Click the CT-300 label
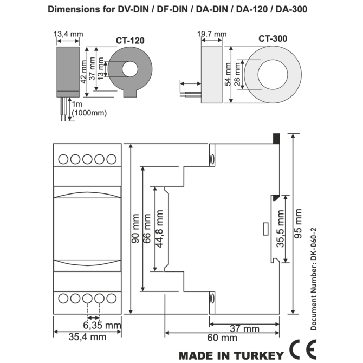coord(273,38)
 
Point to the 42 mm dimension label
coord(83,69)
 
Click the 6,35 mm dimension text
coord(102,325)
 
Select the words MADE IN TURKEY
coord(231,355)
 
